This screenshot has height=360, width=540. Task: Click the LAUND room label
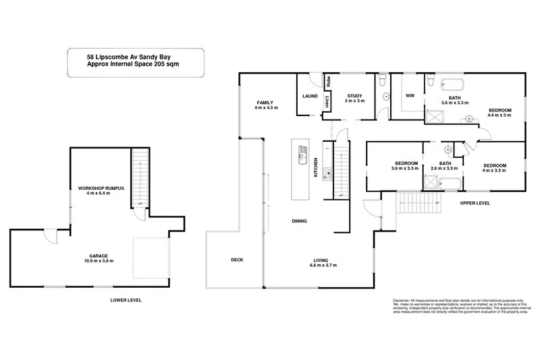point(310,96)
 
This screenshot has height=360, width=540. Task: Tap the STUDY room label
point(354,96)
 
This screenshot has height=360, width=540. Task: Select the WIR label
point(409,96)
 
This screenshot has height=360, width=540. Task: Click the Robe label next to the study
point(328,83)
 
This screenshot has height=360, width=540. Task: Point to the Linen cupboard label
point(328,102)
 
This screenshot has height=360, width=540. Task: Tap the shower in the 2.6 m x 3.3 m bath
point(431,182)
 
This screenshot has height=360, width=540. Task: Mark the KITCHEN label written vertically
point(315,168)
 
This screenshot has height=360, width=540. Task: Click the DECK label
point(236,260)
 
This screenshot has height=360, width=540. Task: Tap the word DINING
point(300,221)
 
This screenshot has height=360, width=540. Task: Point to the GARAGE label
point(99,256)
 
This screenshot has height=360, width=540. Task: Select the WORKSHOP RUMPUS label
point(101,187)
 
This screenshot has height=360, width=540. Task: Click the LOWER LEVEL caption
point(126,299)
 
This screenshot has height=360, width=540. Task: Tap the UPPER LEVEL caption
point(475,203)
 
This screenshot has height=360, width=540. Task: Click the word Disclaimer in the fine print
point(402,300)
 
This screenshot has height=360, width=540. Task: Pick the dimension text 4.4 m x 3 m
point(500,115)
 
